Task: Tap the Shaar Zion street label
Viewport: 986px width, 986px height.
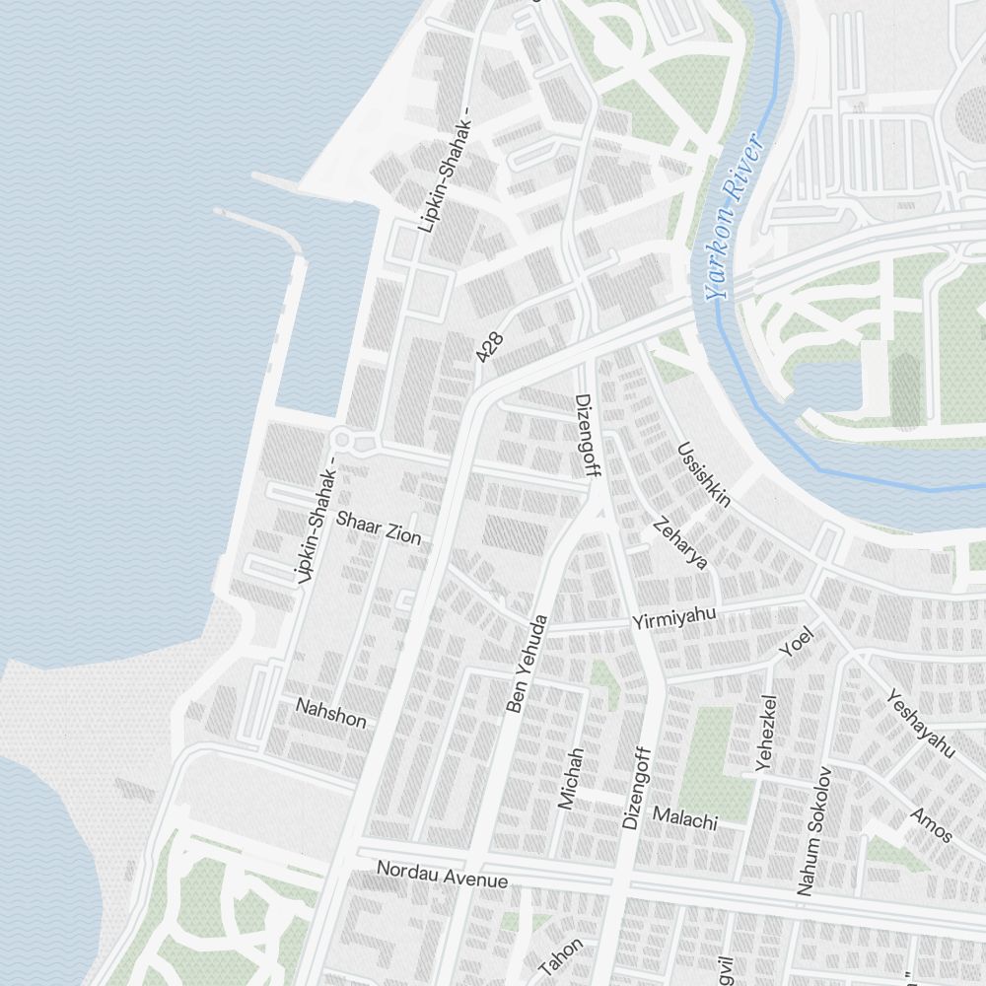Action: click(378, 528)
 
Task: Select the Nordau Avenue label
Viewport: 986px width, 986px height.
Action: click(442, 874)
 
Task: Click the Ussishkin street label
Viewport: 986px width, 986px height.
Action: click(704, 474)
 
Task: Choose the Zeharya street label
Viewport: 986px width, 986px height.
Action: click(680, 543)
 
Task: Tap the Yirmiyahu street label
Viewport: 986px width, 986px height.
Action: click(673, 618)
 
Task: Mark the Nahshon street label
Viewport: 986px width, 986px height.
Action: click(331, 712)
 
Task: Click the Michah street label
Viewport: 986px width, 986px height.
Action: click(571, 778)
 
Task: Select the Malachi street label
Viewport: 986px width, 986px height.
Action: click(684, 817)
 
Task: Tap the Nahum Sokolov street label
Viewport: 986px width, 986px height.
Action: click(814, 830)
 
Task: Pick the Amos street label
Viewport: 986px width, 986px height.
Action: click(932, 824)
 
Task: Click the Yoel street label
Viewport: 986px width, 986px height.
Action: click(795, 641)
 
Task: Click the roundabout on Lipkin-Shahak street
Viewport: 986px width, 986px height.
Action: click(343, 440)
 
